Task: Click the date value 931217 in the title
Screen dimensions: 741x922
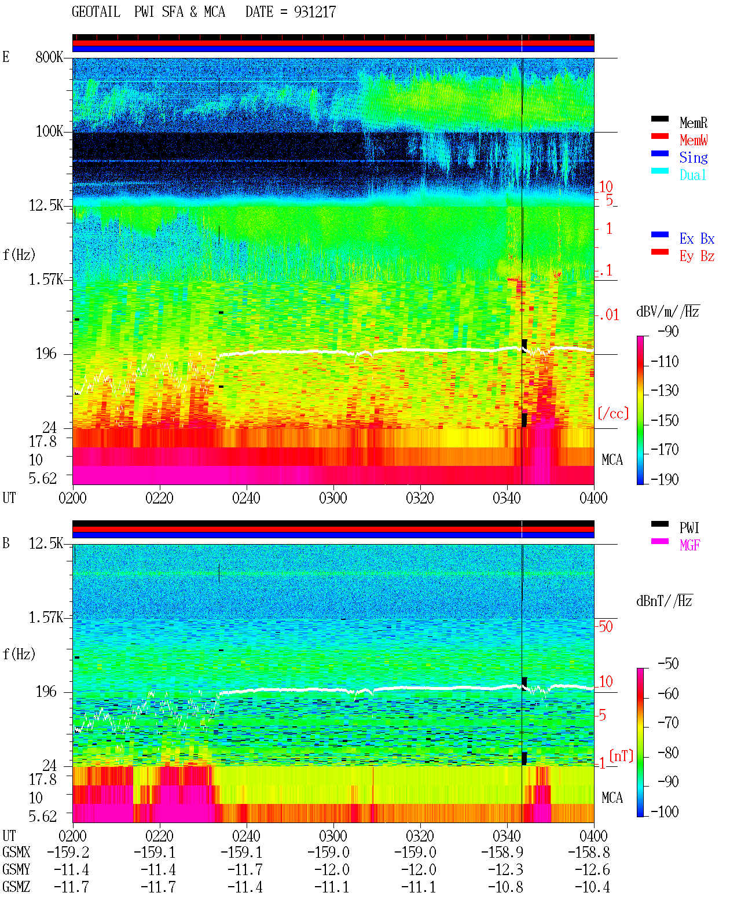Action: [314, 12]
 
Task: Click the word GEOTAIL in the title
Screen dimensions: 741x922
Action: [96, 12]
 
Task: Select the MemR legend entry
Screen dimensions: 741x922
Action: [694, 123]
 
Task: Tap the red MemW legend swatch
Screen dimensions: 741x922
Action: [659, 136]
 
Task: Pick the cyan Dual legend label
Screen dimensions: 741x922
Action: [693, 175]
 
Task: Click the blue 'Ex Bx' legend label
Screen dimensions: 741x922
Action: [697, 238]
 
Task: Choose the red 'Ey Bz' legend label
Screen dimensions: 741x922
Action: [697, 256]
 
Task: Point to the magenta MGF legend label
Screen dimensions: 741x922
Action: [689, 545]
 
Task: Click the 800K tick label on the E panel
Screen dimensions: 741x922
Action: [49, 57]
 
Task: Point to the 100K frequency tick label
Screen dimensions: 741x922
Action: [49, 131]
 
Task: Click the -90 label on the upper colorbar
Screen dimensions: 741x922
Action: [668, 331]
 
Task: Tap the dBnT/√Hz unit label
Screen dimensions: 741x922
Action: [665, 601]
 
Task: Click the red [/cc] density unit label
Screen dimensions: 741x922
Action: [613, 413]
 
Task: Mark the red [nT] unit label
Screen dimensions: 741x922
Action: [621, 756]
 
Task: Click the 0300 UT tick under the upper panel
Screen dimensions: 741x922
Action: [333, 498]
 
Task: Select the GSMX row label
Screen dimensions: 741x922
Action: [16, 852]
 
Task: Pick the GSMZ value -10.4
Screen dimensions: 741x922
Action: [592, 887]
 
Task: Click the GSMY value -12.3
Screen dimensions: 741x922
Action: [505, 869]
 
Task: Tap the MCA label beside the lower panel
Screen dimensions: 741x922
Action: [612, 798]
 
